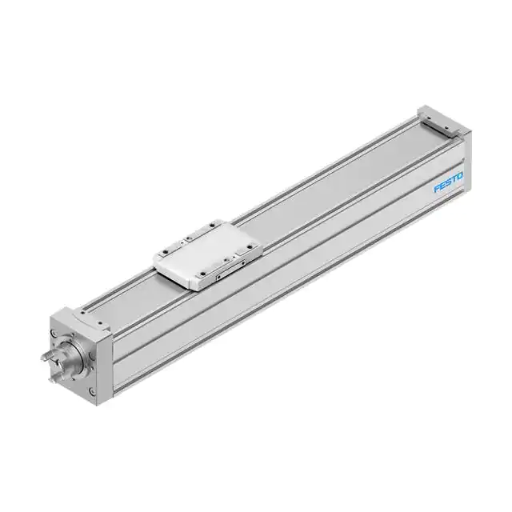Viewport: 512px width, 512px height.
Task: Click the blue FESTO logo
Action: point(449,184)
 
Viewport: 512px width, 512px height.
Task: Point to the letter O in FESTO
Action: point(461,178)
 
